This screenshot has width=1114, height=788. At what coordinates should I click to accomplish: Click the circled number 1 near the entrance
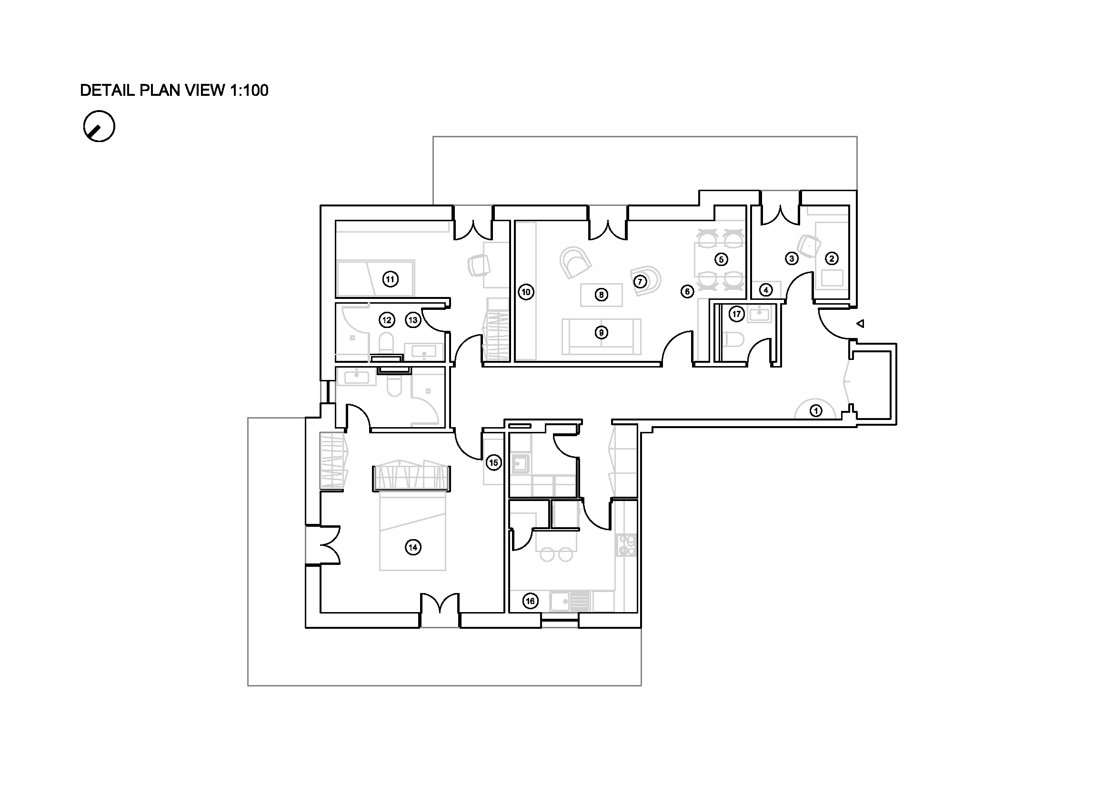point(816,411)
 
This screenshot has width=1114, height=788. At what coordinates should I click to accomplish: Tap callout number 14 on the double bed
point(413,548)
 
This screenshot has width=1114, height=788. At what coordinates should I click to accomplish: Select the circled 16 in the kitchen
point(530,601)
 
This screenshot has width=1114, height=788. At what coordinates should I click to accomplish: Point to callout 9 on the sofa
point(601,333)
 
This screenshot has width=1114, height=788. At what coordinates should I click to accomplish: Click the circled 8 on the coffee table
point(601,295)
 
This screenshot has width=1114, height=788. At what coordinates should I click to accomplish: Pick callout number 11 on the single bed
point(390,279)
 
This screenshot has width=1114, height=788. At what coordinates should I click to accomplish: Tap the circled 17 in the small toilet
point(736,314)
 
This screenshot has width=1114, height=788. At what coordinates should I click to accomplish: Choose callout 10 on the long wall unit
point(526,292)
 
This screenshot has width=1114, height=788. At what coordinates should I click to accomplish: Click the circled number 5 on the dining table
point(721,259)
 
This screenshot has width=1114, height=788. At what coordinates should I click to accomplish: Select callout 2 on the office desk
point(832,258)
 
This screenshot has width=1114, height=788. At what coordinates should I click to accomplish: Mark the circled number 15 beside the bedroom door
point(493,463)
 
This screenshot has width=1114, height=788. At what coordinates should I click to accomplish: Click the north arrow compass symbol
point(99,126)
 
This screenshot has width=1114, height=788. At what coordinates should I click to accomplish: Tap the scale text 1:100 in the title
point(249,90)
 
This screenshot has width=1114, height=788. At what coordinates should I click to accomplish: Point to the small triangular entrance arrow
point(860,323)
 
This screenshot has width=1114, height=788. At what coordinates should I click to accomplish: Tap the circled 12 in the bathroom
point(387,320)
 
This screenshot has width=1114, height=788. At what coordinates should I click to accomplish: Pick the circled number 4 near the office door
point(766,290)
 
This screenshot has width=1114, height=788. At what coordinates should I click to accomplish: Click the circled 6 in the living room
point(687,291)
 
